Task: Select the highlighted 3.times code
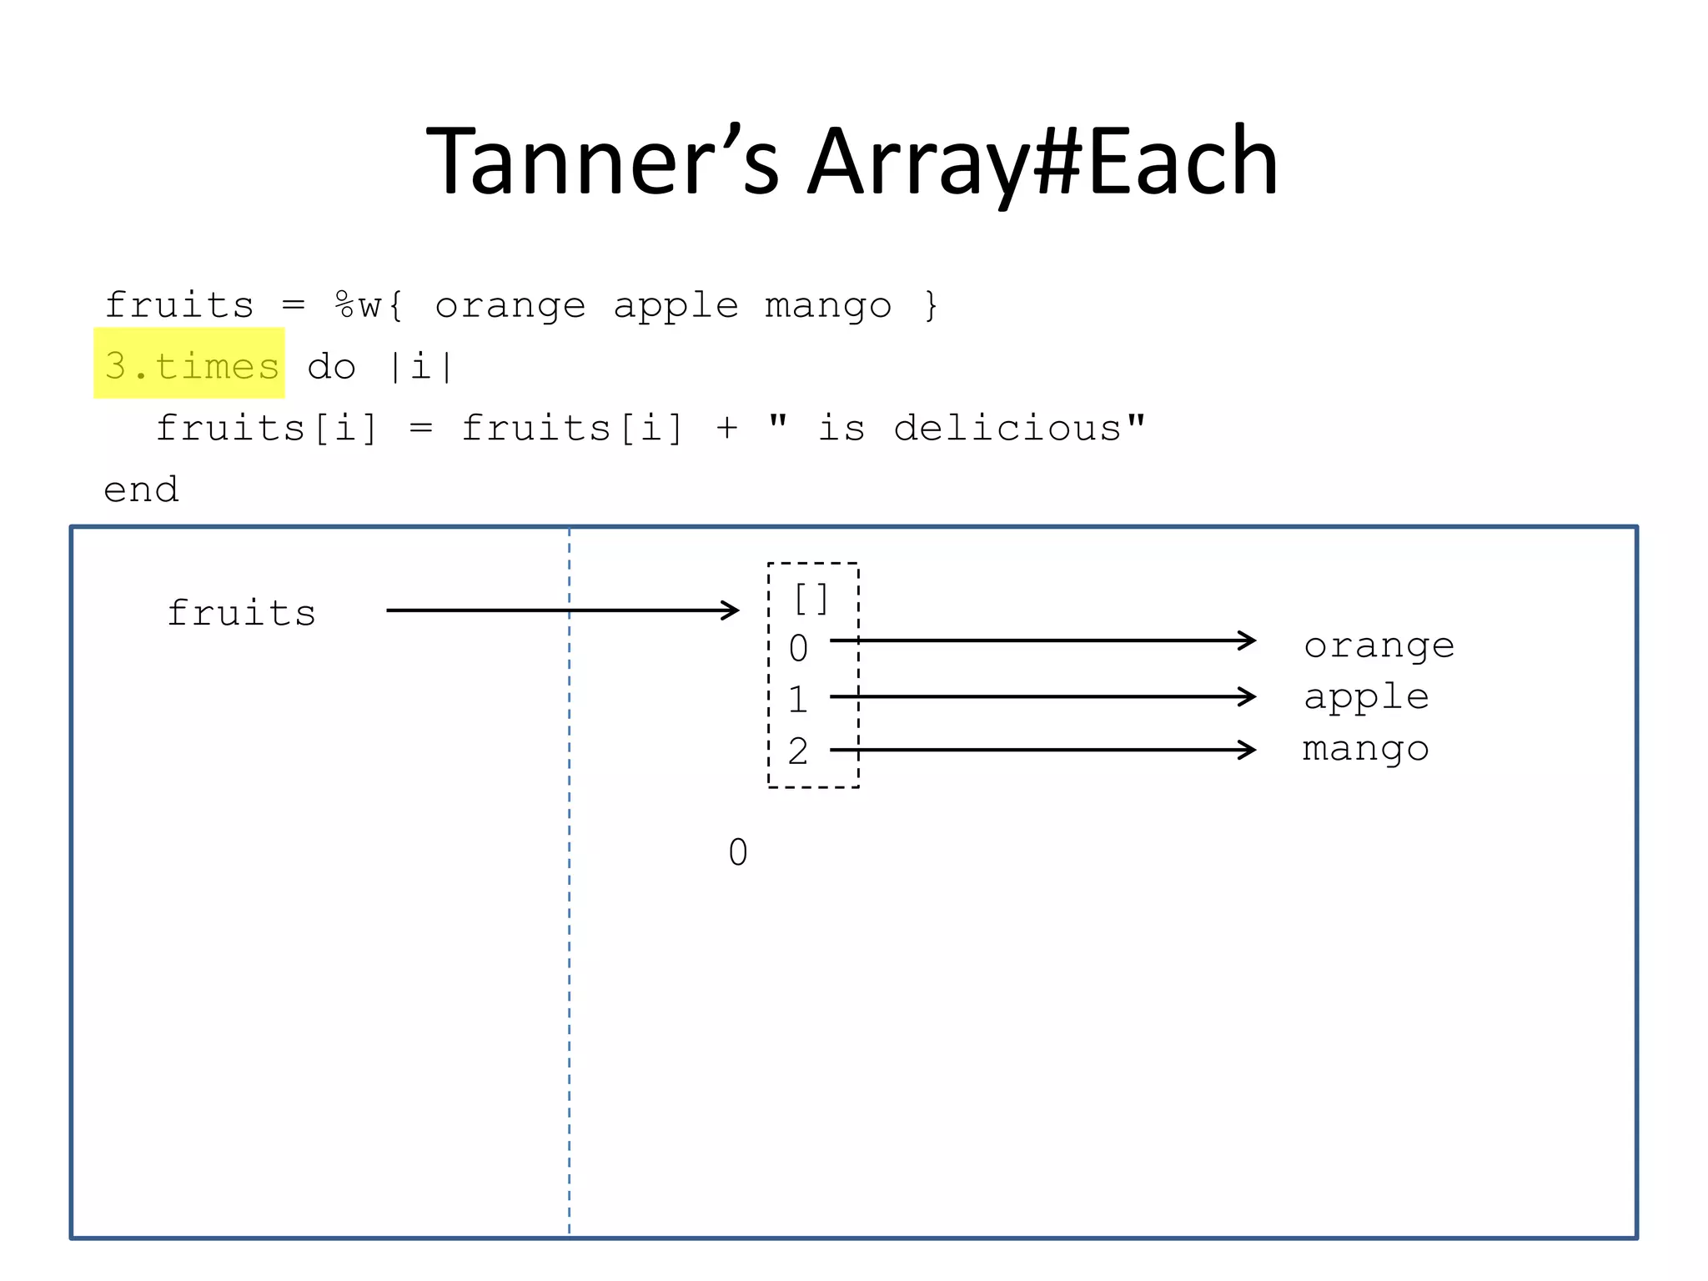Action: pos(191,365)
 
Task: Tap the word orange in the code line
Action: pos(510,306)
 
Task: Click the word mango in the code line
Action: pos(828,306)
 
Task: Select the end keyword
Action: pos(141,490)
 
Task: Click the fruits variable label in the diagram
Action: pos(242,613)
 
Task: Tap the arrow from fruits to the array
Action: pos(562,610)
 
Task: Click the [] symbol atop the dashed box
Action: pos(811,598)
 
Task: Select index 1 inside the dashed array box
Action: pos(798,699)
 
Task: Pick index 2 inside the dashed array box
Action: pos(798,751)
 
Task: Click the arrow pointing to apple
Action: pos(1042,696)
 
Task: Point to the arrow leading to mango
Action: pos(1042,750)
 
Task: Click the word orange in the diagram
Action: pos(1379,646)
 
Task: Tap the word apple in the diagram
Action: pos(1366,697)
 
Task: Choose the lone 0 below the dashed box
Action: pos(738,852)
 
